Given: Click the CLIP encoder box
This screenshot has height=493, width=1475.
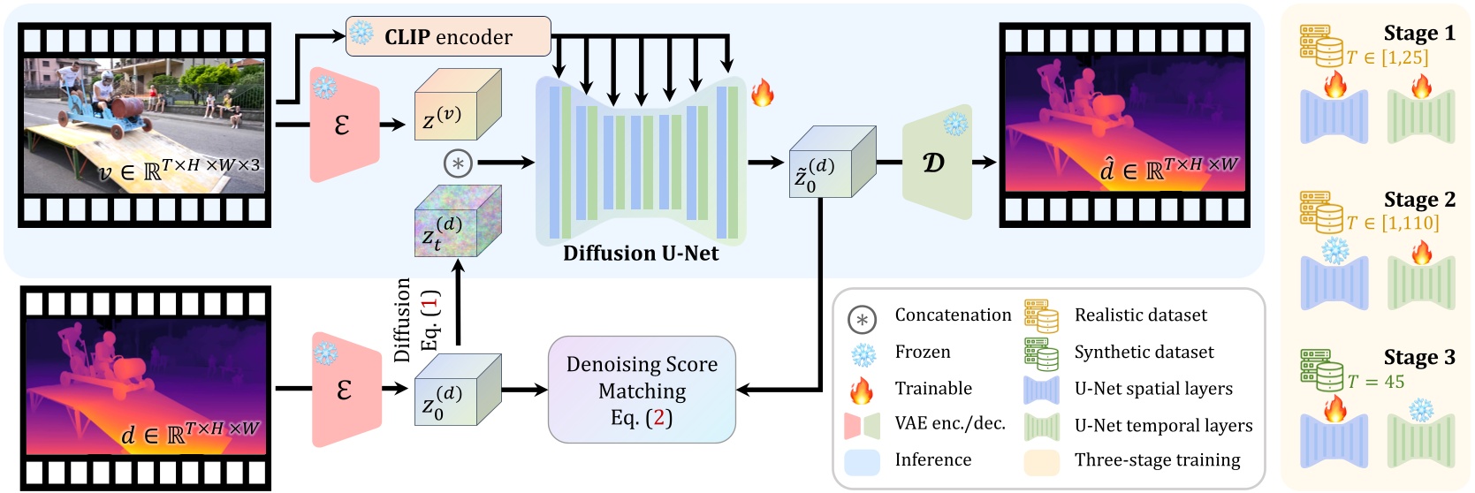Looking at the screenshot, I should click(x=448, y=36).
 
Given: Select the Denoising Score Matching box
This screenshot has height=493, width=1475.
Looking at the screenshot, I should click(x=642, y=390).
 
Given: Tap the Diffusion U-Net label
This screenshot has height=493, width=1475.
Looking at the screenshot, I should click(x=641, y=254).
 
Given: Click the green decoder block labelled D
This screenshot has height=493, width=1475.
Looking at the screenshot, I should click(x=936, y=163).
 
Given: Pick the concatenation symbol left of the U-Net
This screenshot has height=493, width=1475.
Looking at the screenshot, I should click(x=458, y=163).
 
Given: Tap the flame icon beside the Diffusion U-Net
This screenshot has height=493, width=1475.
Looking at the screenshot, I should click(x=762, y=92).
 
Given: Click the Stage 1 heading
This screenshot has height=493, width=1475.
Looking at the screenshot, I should click(x=1418, y=34).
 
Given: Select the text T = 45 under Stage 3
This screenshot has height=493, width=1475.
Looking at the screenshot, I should click(x=1375, y=382).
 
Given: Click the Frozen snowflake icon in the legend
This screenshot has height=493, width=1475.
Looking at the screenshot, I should click(x=863, y=354).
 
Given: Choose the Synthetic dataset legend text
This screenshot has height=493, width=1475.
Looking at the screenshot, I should click(x=1144, y=352).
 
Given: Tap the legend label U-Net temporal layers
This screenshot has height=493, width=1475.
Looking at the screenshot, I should click(x=1163, y=426).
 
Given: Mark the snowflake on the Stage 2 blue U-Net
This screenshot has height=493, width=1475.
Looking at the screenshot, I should click(x=1334, y=252).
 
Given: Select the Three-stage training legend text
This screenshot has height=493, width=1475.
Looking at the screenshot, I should click(x=1157, y=460).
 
